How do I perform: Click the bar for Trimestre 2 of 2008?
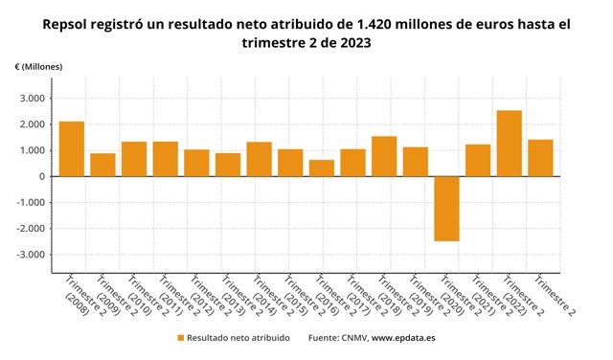[x=72, y=148]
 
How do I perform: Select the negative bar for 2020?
[x=446, y=209]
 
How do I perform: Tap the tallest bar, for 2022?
[x=509, y=144]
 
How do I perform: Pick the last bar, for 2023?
[x=540, y=158]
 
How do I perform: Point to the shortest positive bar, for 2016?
[x=322, y=168]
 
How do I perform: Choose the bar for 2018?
[x=384, y=156]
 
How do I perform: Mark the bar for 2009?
[x=102, y=165]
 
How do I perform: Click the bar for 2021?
[x=478, y=160]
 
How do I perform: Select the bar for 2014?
[x=259, y=159]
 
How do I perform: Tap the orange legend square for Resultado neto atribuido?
[x=180, y=338]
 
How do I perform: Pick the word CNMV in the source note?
[x=354, y=338]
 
